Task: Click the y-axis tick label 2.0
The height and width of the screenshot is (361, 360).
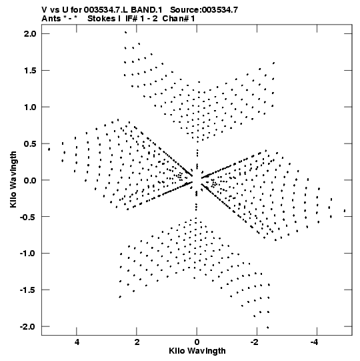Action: pos(30,34)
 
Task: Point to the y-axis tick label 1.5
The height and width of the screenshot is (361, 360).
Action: pos(30,71)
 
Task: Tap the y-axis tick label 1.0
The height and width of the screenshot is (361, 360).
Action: pos(30,107)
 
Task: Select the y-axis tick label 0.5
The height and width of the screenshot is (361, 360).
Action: pos(30,143)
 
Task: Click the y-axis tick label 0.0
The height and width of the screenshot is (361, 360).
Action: pos(30,180)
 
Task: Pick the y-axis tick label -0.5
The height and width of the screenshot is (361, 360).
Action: pos(28,217)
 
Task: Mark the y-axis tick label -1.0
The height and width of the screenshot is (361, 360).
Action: pos(28,254)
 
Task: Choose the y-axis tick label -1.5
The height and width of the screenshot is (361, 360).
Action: pos(28,290)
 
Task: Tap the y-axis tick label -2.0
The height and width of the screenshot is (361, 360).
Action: pos(28,327)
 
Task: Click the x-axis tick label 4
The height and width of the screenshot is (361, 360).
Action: pos(77,342)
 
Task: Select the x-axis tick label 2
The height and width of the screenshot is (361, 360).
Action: pos(137,342)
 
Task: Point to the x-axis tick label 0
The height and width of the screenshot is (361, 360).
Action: pos(197,342)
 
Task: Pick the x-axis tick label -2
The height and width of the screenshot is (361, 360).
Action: pos(255,342)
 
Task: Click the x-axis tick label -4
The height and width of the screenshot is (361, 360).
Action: pos(315,342)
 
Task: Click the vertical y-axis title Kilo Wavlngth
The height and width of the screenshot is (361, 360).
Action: pos(13,179)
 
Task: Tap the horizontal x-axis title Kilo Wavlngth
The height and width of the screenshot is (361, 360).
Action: pos(197,351)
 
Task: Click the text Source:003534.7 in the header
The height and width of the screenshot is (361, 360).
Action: pos(204,10)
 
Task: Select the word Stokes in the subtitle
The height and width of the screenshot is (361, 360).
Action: pos(102,19)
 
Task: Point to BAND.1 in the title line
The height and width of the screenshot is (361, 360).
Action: pos(146,10)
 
